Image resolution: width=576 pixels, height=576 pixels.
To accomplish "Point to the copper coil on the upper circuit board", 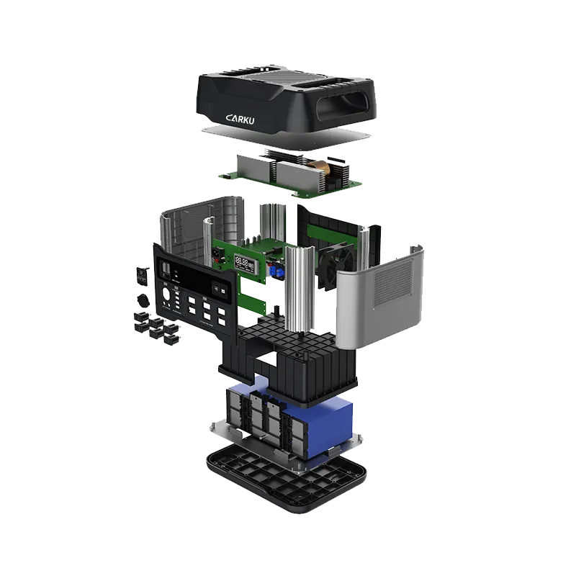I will click(x=332, y=170).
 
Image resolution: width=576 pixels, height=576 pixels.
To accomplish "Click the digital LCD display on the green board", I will click(x=246, y=264).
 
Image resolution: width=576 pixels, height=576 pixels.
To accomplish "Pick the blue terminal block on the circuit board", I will click(x=276, y=271).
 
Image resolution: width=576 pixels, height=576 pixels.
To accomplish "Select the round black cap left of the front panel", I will click(x=144, y=299).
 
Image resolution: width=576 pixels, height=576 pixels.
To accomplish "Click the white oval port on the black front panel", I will click(x=168, y=294).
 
